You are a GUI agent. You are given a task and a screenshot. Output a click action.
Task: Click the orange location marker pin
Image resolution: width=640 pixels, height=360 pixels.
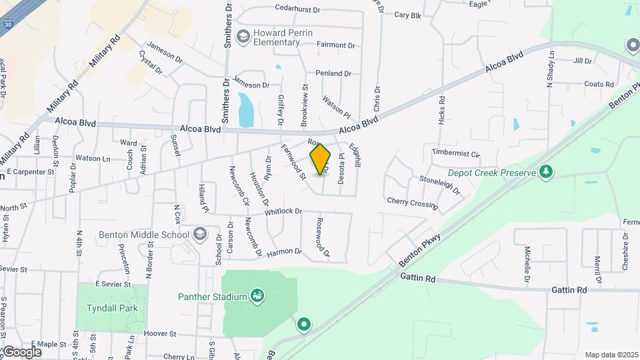click(321, 159)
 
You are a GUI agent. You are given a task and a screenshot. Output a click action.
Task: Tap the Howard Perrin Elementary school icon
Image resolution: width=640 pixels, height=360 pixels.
click(243, 35)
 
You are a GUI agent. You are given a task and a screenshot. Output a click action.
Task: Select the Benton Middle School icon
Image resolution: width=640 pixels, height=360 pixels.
click(199, 235)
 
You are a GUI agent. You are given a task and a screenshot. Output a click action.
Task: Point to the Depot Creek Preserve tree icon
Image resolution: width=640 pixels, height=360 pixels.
click(547, 172)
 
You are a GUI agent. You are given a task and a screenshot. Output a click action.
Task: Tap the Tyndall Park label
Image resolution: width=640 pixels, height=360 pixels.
click(112, 308)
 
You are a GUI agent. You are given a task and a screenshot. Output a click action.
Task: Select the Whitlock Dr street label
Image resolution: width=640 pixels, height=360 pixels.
click(283, 211)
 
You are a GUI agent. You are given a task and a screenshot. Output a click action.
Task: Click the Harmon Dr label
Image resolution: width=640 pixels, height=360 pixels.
click(284, 253)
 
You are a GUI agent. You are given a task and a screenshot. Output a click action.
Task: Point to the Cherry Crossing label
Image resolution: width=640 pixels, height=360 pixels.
click(412, 202)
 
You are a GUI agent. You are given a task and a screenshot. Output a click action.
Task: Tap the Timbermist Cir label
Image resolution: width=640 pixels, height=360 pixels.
click(455, 153)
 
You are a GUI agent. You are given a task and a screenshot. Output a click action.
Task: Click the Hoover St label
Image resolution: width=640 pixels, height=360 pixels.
click(159, 333)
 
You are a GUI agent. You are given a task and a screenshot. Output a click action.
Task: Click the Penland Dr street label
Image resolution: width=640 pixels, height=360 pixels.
click(333, 73)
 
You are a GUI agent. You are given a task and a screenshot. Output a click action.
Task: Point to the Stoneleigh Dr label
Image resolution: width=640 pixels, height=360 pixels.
click(440, 184)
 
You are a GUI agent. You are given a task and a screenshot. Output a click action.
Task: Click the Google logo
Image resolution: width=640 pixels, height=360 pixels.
click(22, 351)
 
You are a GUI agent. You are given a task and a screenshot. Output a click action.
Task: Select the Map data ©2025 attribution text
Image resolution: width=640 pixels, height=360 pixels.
click(610, 355)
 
